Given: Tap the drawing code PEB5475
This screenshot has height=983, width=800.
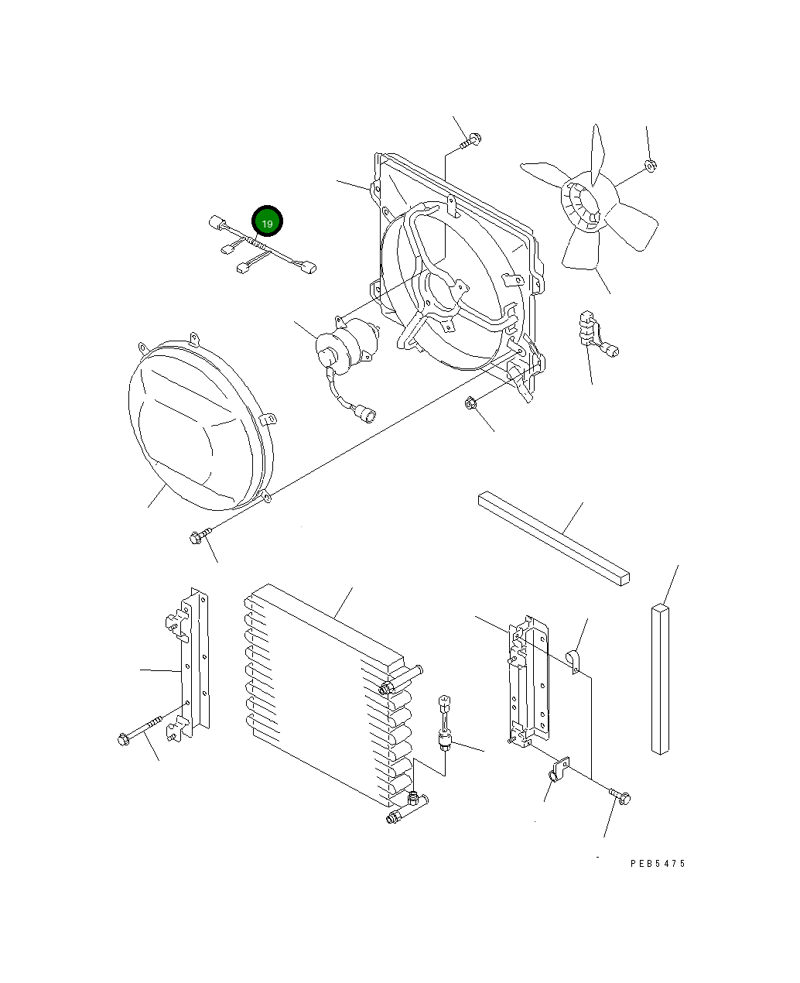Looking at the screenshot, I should pos(657,864).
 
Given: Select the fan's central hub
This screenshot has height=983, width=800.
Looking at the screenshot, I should pos(586,204).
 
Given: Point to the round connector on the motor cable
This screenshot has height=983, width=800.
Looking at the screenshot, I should pos(364,416).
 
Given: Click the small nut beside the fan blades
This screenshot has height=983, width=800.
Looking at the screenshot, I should pos(650,164).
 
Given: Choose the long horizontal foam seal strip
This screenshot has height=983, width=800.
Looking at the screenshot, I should pos(553,537).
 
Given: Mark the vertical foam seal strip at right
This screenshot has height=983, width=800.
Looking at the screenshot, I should pos(659,678).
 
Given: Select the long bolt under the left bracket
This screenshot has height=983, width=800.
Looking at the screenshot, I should pos(143,731).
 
